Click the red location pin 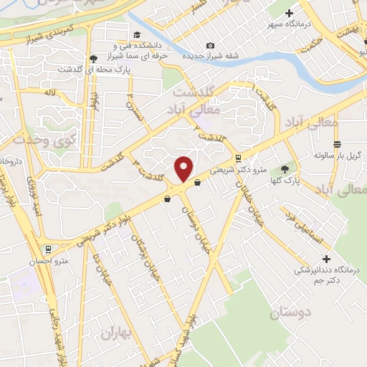pyautogui.click(x=184, y=168)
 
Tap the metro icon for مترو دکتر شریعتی pyautogui.click(x=237, y=158)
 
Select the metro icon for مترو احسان pyautogui.click(x=49, y=249)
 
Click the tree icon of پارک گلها pyautogui.click(x=285, y=169)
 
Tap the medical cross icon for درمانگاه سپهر pyautogui.click(x=290, y=12)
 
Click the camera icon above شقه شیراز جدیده pyautogui.click(x=210, y=45)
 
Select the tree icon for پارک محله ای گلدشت pyautogui.click(x=92, y=59)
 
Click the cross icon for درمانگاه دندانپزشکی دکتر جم pyautogui.click(x=327, y=259)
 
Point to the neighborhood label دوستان pyautogui.click(x=292, y=313)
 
